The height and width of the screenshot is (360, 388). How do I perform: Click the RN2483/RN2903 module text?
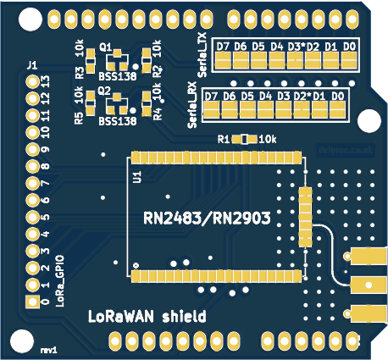[x=208, y=219]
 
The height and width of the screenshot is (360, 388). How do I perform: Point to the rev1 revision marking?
[x=48, y=349]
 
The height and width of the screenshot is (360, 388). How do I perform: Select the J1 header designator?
[x=31, y=65]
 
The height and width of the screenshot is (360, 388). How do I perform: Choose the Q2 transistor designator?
[x=105, y=89]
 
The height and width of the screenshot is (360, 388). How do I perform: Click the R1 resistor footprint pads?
[x=247, y=139]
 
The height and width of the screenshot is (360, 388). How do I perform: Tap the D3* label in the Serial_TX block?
[x=296, y=46]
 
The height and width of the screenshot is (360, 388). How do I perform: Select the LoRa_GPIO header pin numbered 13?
[x=33, y=82]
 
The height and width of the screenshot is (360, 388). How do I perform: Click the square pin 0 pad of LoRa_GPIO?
[x=33, y=302]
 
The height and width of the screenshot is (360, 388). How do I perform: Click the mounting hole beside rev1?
[x=19, y=341]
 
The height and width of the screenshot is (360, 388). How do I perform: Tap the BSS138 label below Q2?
[x=118, y=121]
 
